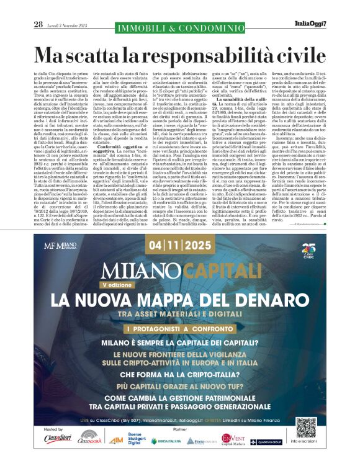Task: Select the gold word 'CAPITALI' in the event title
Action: coord(220,271)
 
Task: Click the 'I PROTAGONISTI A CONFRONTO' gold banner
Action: coord(179,327)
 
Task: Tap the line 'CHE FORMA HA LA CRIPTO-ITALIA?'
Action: coord(179,374)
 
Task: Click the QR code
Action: coord(306,428)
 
